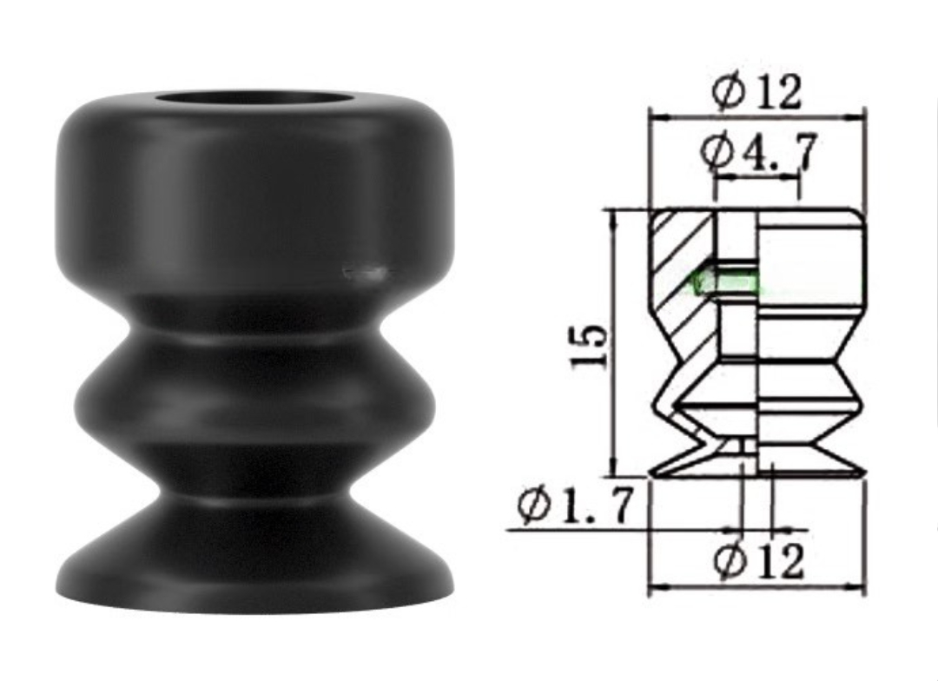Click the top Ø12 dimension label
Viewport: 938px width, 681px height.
click(756, 92)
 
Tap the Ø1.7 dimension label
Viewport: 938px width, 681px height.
click(575, 506)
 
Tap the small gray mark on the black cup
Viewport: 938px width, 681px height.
click(365, 272)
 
